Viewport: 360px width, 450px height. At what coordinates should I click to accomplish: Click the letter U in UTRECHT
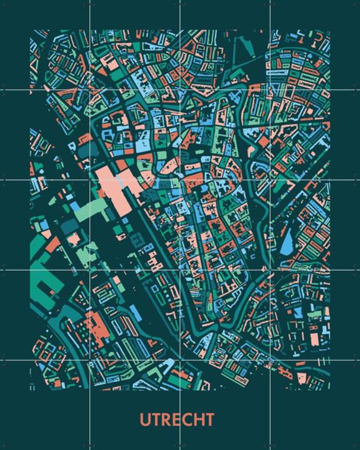click(x=144, y=419)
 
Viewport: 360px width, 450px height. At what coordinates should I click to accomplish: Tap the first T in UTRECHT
click(x=156, y=419)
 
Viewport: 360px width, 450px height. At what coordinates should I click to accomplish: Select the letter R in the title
click(x=166, y=419)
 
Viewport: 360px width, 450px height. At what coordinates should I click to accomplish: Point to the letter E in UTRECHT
click(x=177, y=419)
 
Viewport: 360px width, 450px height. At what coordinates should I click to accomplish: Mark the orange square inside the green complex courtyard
click(x=74, y=237)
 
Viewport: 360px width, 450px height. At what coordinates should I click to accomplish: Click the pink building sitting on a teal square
click(x=74, y=237)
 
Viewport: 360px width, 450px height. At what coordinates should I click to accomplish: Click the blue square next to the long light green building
click(x=75, y=206)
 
